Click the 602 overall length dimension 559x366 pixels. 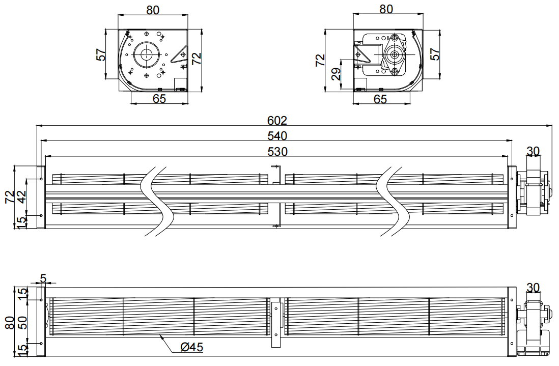coord(277,121)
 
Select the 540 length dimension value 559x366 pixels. coord(277,136)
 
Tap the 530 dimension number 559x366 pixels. coord(277,152)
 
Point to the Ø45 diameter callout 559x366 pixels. coord(192,347)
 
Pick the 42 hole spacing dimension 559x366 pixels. coord(22,196)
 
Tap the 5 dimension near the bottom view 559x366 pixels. coord(43,278)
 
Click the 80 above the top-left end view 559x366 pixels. coord(153,10)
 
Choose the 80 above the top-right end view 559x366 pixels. coord(386,9)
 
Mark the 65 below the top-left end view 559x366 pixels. coord(159,98)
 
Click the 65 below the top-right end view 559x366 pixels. coord(380,99)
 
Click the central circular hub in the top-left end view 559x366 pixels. coord(146,54)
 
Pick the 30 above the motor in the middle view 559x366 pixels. coord(533,152)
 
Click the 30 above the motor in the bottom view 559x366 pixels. coord(533,287)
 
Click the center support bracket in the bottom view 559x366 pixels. coord(276,324)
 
